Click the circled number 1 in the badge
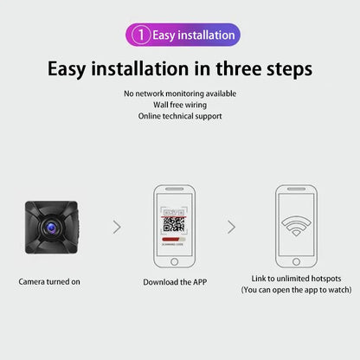(x=141, y=35)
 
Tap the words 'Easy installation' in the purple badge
(x=193, y=35)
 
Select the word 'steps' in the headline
(x=287, y=68)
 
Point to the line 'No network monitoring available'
(x=180, y=93)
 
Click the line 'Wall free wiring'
(x=180, y=105)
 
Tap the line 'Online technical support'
(x=180, y=116)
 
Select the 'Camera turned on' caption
(x=50, y=281)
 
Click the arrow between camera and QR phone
(x=118, y=227)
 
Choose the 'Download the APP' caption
(x=174, y=281)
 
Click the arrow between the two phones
(x=231, y=227)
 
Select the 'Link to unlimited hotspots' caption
(x=297, y=278)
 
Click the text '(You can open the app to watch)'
(x=297, y=290)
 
